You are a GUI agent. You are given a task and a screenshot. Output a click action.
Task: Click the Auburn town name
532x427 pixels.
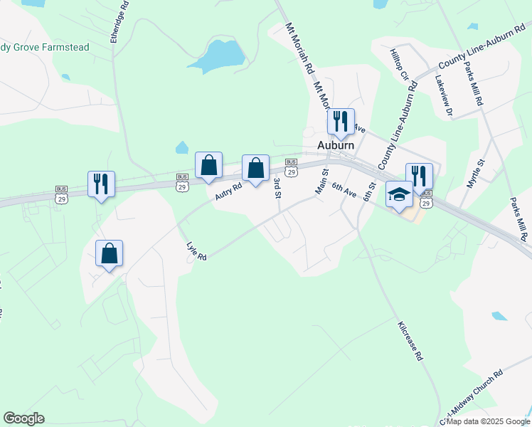coord(335,145)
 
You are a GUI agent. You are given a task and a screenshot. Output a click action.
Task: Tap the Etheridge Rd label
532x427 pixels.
coord(120,21)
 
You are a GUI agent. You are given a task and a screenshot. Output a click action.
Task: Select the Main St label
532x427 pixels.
coord(321,181)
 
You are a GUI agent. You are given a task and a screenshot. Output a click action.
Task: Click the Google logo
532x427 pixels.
coord(23,418)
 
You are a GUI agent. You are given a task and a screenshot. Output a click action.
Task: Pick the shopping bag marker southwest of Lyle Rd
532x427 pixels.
coord(109,253)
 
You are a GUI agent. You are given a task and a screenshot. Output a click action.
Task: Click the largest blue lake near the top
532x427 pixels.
coord(220,57)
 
